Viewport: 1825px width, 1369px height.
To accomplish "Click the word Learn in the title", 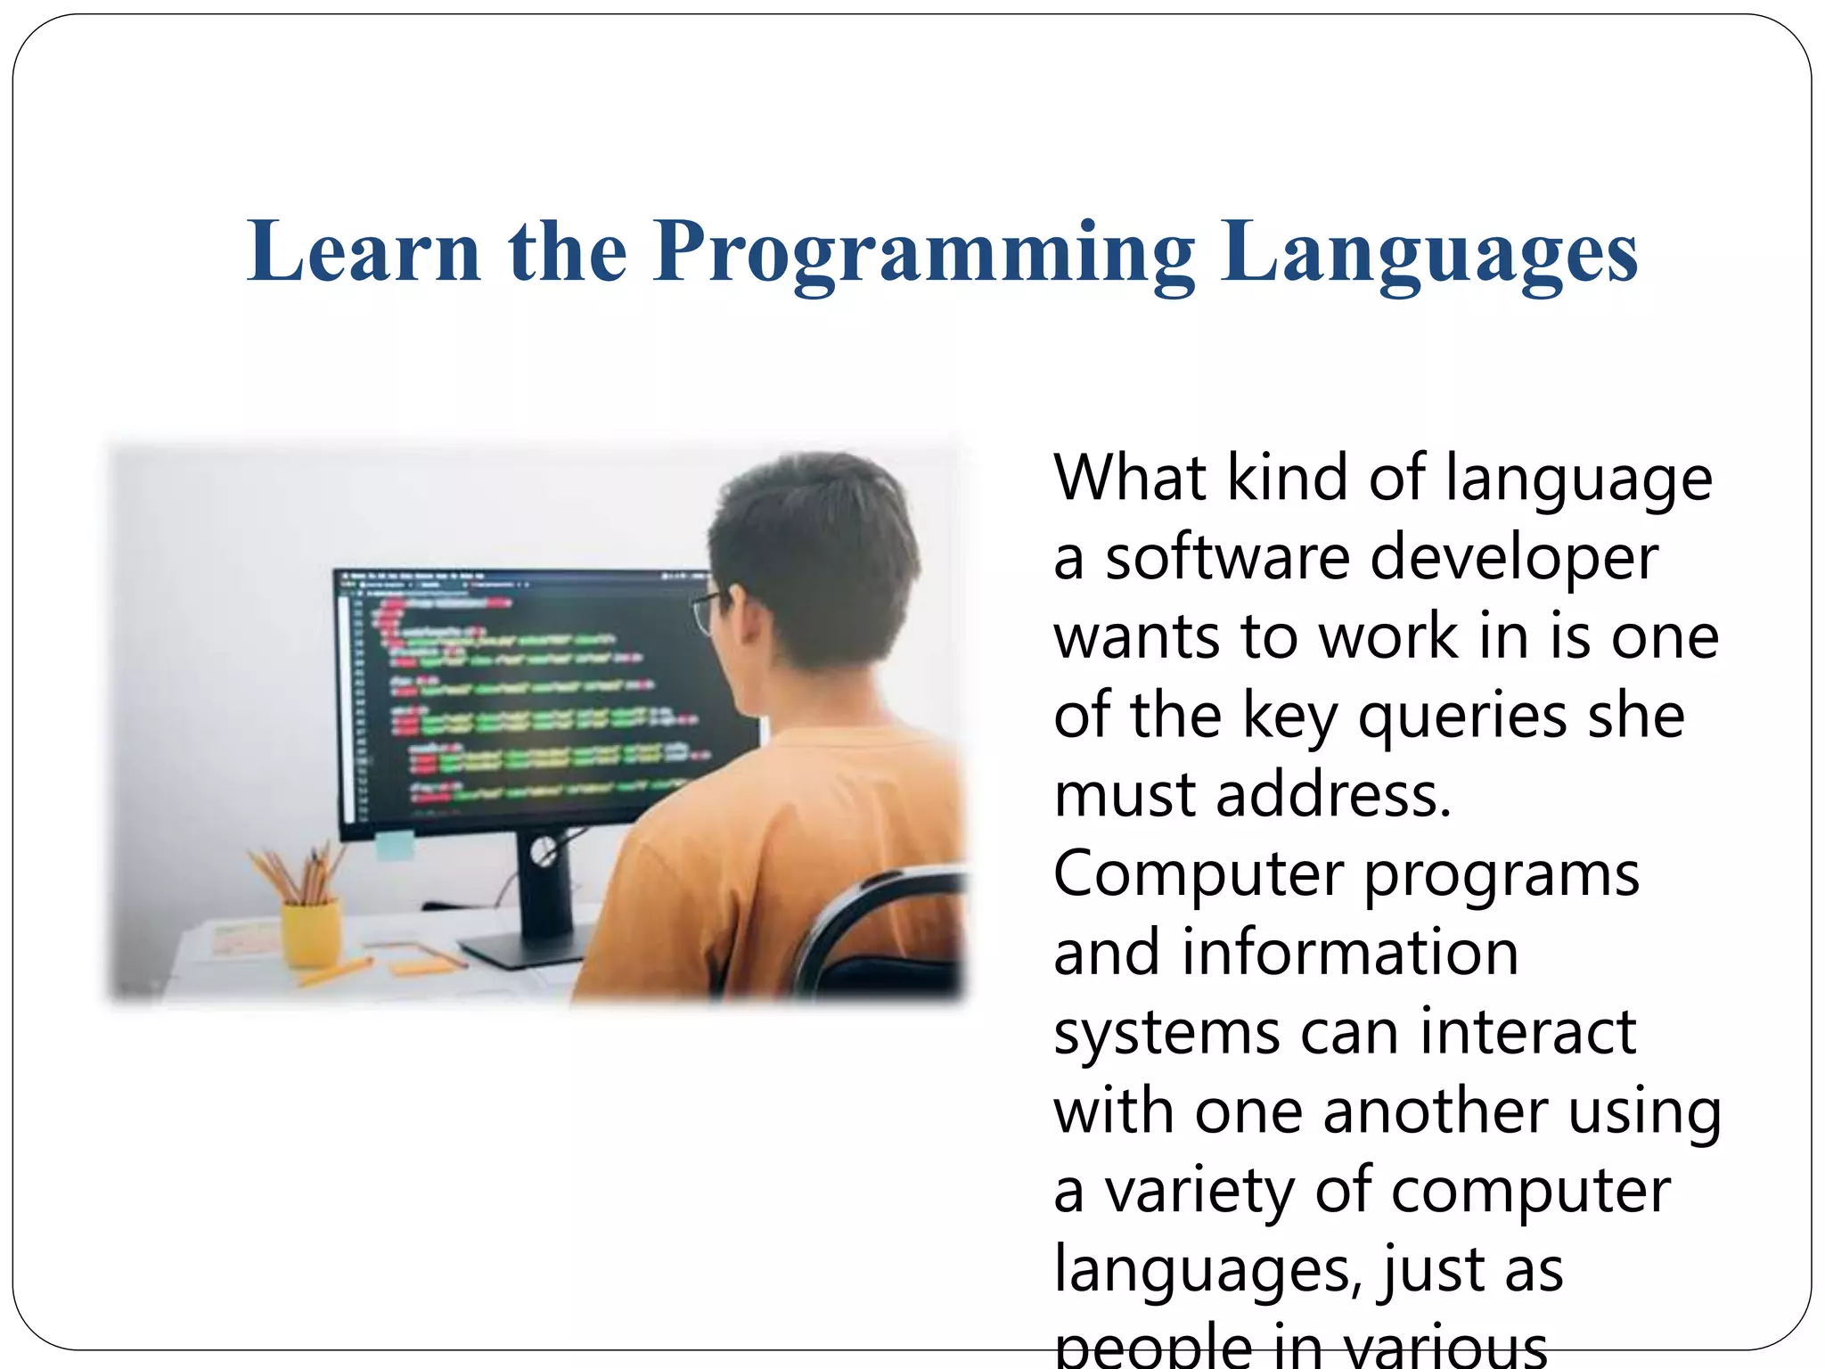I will click(364, 252).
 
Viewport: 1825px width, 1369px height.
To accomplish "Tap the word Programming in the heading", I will click(923, 254).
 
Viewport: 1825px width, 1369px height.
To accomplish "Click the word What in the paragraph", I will click(1130, 479).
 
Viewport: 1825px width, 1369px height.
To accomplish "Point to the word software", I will click(1228, 558).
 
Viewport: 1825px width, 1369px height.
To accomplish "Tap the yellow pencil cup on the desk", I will click(311, 931).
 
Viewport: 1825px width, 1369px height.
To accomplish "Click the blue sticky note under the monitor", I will click(394, 844).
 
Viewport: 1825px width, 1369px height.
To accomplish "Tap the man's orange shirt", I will click(784, 856).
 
